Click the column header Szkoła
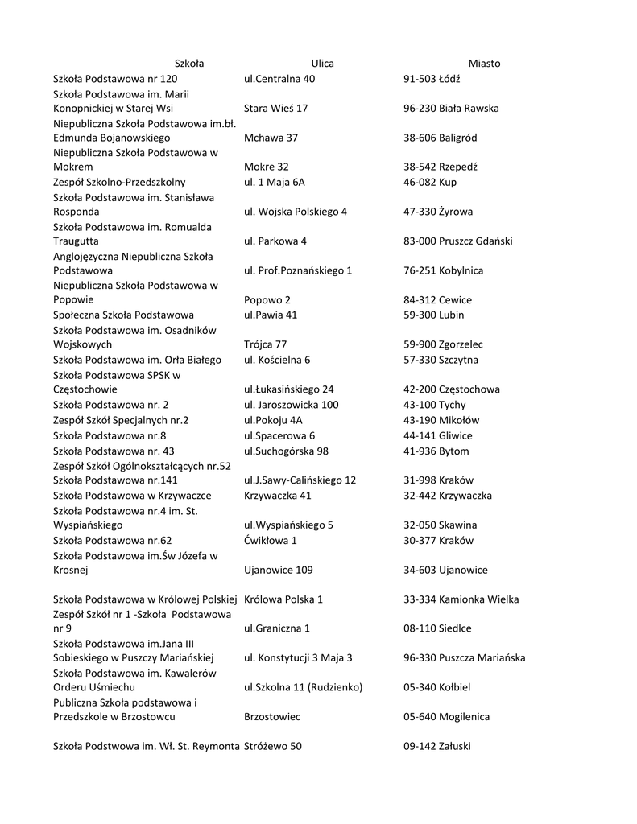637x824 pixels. coord(189,63)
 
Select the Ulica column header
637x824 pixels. coord(322,63)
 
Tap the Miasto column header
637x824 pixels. coord(484,63)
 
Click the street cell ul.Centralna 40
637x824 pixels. coord(279,79)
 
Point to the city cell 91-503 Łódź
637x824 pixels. coord(437,79)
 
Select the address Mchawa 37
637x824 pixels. coord(271,138)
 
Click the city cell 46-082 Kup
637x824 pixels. coord(430,182)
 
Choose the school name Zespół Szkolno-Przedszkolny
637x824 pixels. coord(119,182)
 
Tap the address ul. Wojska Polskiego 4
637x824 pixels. coord(295,212)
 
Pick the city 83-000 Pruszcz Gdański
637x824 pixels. coord(457,241)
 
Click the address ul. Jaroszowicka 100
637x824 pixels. coord(291,405)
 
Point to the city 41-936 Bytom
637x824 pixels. coord(436,451)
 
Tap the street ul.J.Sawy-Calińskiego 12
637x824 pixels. coord(300,480)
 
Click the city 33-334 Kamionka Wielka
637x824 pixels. coord(461,599)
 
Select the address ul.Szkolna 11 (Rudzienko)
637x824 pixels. coord(303,687)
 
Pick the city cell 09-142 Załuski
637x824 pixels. coord(437,746)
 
